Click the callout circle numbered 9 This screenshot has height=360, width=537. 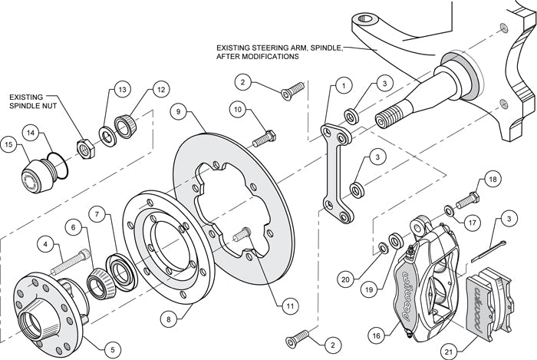(178, 112)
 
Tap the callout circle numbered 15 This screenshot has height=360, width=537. (10, 144)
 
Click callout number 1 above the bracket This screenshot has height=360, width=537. (343, 86)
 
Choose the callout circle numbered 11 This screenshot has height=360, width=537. (288, 306)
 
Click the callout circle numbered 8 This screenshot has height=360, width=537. (172, 316)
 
